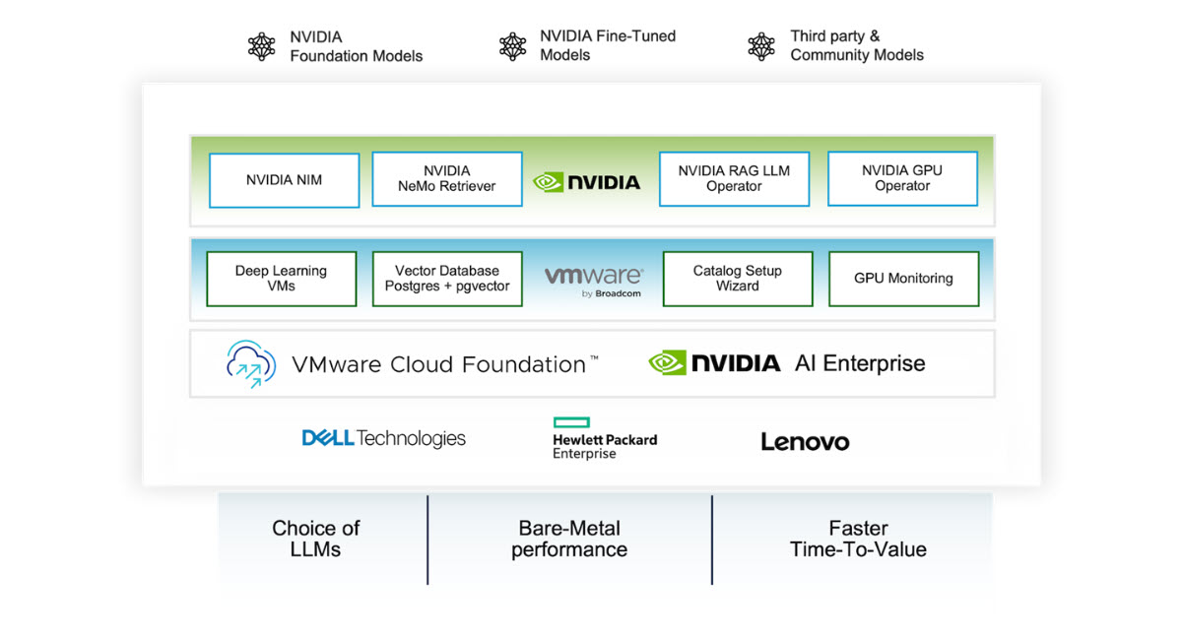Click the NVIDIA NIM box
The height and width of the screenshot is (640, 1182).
tap(284, 180)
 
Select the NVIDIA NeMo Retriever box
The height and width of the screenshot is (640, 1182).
tap(446, 179)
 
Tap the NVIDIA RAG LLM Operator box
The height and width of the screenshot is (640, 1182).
tap(734, 179)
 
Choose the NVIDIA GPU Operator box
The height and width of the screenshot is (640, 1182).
tap(902, 178)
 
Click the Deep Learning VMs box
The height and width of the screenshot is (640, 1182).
tap(281, 279)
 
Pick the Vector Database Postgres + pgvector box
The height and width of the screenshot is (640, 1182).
tap(446, 279)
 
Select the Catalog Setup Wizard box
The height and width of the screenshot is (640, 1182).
tap(738, 279)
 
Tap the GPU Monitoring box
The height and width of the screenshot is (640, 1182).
tap(903, 279)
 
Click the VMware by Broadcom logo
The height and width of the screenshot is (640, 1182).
tap(593, 280)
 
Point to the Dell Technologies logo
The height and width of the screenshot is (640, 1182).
tap(383, 438)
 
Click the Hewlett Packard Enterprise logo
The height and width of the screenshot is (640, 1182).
tap(604, 439)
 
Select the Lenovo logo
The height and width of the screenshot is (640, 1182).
tap(805, 442)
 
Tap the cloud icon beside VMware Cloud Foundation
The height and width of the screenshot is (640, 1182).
tap(251, 363)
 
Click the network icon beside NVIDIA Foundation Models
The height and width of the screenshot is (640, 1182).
tap(262, 46)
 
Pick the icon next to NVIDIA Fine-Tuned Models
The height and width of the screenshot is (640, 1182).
tap(512, 46)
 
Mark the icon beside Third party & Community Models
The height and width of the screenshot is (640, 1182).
tap(761, 46)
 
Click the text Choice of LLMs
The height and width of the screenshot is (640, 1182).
tap(316, 539)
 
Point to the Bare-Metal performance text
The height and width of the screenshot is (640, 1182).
tap(569, 539)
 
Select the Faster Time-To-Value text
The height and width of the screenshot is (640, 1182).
tap(858, 539)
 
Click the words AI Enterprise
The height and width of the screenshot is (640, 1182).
tap(860, 363)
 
